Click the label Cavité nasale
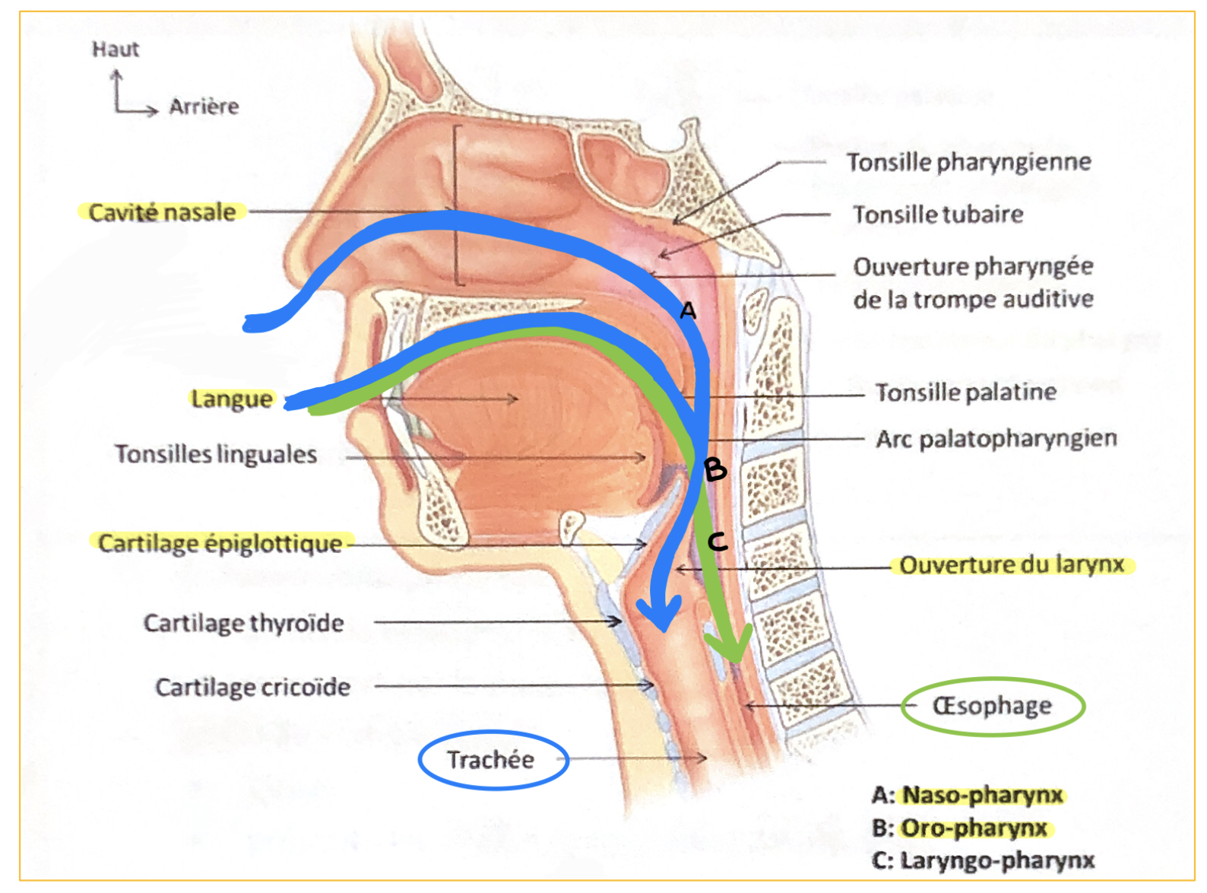coord(162,212)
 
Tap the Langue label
coord(231,399)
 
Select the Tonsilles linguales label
coord(216,454)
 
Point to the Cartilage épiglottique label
coord(220,544)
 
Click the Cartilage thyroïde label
coord(244,623)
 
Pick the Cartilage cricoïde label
coord(253,688)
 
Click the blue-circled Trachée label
coord(491,759)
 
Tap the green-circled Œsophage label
coord(992,706)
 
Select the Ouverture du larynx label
coord(1012,565)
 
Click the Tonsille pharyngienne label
coord(969,162)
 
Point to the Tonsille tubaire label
coord(938,215)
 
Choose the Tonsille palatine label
coord(966,392)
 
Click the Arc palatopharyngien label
coord(996,439)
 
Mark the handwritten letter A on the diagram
coord(688,310)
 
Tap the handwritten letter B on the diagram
coord(715,469)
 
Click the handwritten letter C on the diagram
coord(717,542)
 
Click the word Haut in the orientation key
coord(116,49)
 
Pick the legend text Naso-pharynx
coord(983,796)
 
